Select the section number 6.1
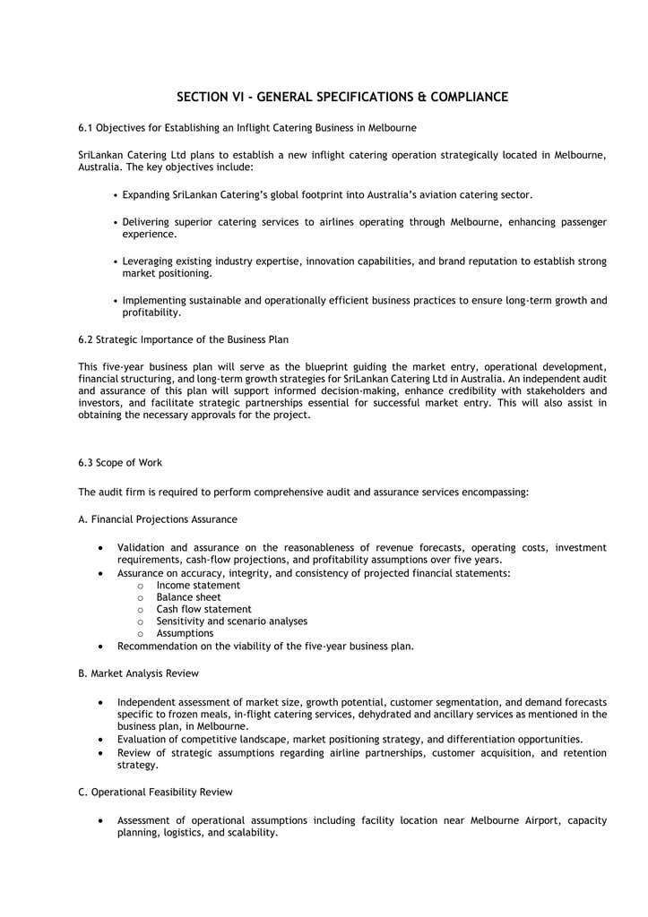tap(86, 128)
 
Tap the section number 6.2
tap(86, 339)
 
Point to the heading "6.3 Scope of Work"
tap(120, 462)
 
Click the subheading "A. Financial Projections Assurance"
tap(158, 518)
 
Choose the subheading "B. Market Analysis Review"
tap(138, 673)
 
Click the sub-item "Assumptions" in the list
tap(185, 633)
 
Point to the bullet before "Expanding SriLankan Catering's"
tap(117, 195)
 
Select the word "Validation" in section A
tap(142, 547)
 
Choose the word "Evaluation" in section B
tap(142, 739)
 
